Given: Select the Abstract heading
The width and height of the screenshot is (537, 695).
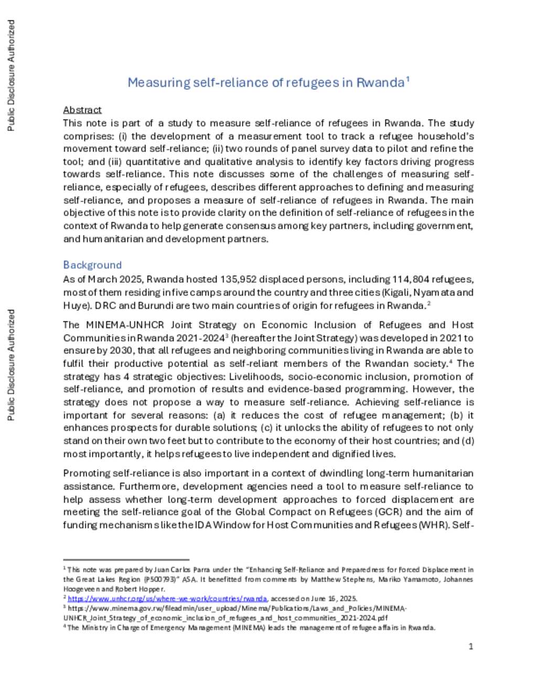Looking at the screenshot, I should (x=82, y=110).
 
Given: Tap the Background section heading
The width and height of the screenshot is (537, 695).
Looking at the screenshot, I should (x=92, y=265).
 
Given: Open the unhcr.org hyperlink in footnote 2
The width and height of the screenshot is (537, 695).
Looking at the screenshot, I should (x=167, y=598).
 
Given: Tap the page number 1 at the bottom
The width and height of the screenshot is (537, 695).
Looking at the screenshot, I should (x=470, y=646).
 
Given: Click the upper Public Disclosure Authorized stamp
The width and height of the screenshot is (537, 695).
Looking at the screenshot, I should (x=11, y=76).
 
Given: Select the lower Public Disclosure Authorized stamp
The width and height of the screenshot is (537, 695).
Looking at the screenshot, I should (x=11, y=365).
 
